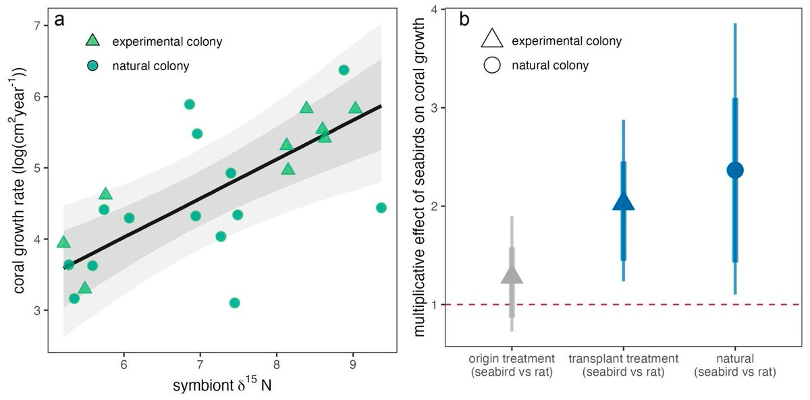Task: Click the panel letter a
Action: coord(59,20)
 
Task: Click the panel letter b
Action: coord(465,20)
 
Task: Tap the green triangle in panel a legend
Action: coord(93,42)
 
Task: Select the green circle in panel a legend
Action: coord(93,66)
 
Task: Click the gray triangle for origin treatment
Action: coord(512,275)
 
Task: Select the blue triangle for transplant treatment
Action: coord(624,202)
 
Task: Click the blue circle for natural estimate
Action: coord(735,170)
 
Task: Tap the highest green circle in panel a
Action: coord(344,70)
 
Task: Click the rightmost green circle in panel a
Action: coord(381,207)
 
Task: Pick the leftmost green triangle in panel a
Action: coord(63,242)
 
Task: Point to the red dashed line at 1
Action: coord(574,304)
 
